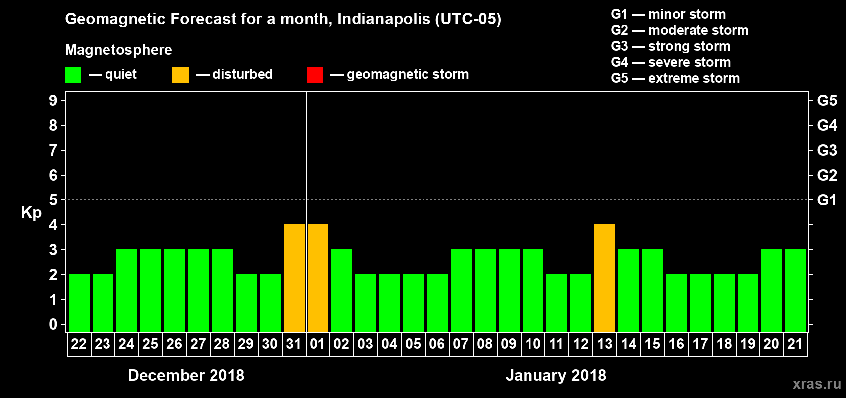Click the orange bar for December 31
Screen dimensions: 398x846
click(294, 278)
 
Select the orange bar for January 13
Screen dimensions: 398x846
click(605, 278)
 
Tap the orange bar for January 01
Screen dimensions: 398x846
click(318, 278)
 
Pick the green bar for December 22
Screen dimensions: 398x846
click(79, 303)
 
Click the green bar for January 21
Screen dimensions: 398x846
click(796, 291)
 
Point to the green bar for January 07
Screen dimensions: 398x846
click(461, 291)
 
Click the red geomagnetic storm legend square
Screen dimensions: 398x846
click(315, 75)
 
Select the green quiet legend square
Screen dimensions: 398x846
click(73, 75)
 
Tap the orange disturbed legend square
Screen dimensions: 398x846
click(180, 75)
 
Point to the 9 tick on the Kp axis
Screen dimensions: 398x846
click(53, 100)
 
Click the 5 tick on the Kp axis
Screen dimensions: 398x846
click(53, 200)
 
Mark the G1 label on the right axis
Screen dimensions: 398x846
click(827, 200)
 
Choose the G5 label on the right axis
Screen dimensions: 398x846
click(827, 100)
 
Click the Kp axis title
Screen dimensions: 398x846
click(31, 213)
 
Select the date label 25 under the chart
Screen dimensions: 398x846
click(150, 344)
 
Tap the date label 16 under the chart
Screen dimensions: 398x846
click(676, 344)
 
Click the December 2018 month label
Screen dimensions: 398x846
click(186, 375)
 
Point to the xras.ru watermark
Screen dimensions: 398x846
click(817, 383)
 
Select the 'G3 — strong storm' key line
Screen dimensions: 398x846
click(670, 46)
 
